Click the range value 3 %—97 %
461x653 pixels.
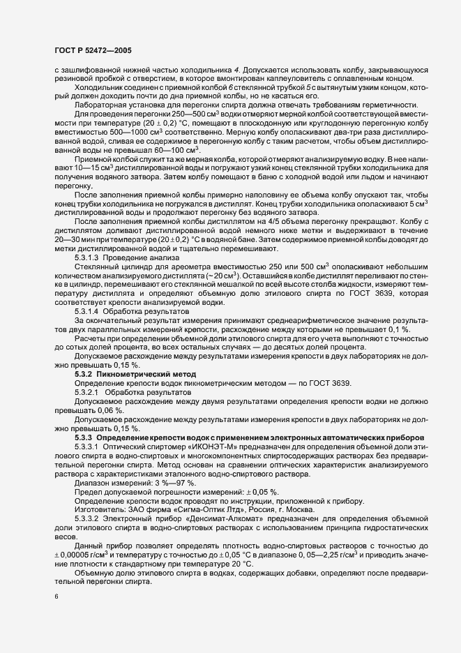[175, 483]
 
